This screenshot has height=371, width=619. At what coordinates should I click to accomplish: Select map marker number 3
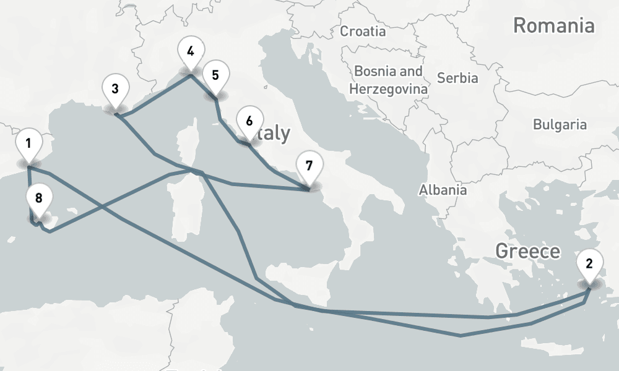point(115,89)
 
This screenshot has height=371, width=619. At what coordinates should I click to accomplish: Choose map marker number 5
point(215,76)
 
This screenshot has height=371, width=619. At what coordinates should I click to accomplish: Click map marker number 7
point(309,166)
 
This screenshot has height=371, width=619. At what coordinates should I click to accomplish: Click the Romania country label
point(553,26)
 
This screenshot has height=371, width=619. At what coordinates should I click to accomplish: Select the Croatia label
point(363,31)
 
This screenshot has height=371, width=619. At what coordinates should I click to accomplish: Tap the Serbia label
point(457,78)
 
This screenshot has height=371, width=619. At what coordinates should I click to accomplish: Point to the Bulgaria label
point(560,124)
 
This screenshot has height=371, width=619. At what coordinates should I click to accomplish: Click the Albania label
point(443,190)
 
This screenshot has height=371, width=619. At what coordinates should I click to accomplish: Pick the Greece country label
point(527,251)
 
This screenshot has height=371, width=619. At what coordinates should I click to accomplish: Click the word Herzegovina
point(388,89)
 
